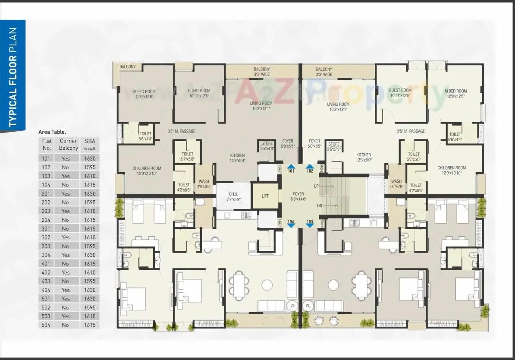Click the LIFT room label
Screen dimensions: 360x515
pos(265,196)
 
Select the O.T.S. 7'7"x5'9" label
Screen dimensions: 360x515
pos(233,197)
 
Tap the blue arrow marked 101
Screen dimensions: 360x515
pos(291,167)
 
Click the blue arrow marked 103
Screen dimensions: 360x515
pos(310,224)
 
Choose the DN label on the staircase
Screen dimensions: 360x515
pos(320,206)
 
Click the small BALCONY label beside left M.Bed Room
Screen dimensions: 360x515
pos(128,67)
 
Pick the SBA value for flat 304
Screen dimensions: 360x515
pos(90,255)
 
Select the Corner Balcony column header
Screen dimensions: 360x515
pos(69,144)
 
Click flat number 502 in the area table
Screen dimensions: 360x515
pos(46,307)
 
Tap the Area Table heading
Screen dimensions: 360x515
pos(52,132)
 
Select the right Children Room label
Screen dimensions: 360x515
pos(451,171)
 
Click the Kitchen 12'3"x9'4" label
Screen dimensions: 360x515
pos(237,158)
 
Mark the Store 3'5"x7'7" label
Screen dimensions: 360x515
pos(334,147)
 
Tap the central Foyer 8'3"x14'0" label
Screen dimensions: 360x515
pos(298,197)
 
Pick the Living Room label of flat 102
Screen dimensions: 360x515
pos(338,107)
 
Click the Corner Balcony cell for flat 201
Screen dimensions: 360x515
pos(69,193)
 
